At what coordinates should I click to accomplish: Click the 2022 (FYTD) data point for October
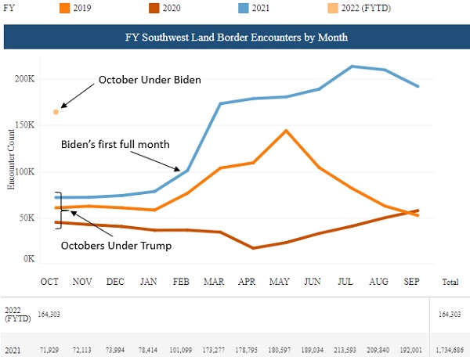coord(56,112)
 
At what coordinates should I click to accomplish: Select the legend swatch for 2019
coord(64,8)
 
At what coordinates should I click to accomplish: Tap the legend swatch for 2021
coord(244,8)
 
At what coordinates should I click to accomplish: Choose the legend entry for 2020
coord(164,8)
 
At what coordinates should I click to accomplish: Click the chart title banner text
coord(237,37)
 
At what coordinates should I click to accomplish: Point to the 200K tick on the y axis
coord(25,79)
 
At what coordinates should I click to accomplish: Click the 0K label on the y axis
coord(29,258)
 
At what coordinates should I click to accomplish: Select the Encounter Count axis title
coord(11,160)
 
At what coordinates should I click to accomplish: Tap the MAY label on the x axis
coord(280,282)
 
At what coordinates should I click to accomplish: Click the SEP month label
coord(411,282)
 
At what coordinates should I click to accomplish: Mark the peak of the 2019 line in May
coord(286,131)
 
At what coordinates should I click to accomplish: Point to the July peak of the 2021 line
coord(352,67)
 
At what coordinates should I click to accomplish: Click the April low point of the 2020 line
coord(254,248)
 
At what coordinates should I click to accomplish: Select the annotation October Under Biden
coord(150,80)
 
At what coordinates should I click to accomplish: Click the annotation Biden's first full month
coord(115,144)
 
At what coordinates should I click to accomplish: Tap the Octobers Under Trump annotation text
coord(116,246)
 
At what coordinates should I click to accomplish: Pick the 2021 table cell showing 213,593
coord(345,350)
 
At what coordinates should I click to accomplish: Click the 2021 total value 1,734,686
coord(450,350)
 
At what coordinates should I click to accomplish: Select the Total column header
coord(450,282)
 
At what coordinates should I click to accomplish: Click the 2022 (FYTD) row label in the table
coord(18,314)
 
